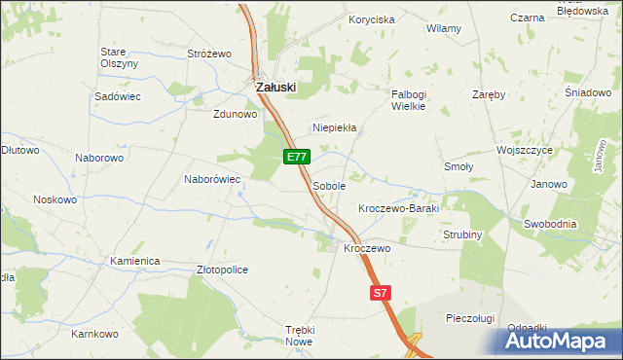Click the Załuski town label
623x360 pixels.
(x=275, y=87)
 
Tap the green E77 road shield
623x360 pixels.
(x=298, y=157)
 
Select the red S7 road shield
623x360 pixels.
(x=381, y=292)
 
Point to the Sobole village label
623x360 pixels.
(x=329, y=185)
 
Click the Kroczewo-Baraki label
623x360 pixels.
(x=399, y=209)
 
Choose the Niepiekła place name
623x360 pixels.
(x=335, y=127)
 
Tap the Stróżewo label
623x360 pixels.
(x=207, y=54)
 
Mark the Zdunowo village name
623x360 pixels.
(x=235, y=113)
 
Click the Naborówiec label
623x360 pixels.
(x=212, y=179)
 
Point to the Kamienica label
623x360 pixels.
(x=134, y=262)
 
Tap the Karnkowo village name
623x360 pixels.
(x=94, y=334)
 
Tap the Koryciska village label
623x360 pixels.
(x=372, y=19)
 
